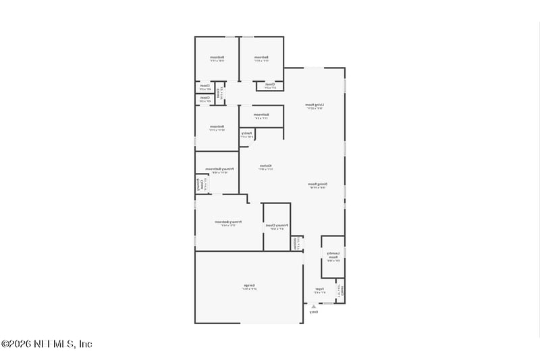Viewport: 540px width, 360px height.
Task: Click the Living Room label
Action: click(x=314, y=105)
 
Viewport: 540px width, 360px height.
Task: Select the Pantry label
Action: click(x=247, y=134)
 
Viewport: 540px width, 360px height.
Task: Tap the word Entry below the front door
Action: click(x=314, y=312)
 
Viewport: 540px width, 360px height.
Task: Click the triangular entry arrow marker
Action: click(x=313, y=305)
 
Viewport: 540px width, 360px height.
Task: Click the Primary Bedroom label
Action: click(x=228, y=222)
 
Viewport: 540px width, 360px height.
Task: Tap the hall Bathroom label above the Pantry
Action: click(x=261, y=115)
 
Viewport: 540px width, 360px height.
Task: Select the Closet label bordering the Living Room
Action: click(x=269, y=85)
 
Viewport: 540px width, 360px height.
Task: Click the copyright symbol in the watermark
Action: click(x=5, y=344)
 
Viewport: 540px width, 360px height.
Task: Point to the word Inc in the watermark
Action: click(x=85, y=344)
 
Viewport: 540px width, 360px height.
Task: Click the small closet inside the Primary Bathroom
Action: click(x=200, y=184)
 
